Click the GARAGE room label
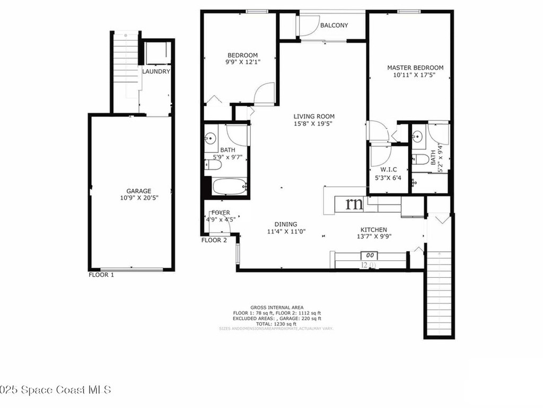pos(138,191)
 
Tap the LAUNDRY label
pos(156,72)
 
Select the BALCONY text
pos(334,25)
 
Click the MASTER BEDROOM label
pos(415,67)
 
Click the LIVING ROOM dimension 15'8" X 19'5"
pos(314,124)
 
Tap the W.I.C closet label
pos(388,170)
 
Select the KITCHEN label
pos(374,229)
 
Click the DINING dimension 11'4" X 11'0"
pos(286,232)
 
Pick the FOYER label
pos(221,212)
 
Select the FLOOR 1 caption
pos(101,275)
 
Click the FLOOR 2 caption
pos(214,240)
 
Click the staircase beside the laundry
pos(126,64)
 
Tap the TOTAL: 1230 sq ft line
pos(276,324)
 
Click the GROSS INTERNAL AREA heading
pos(277,308)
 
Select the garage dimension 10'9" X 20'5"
pos(138,198)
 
